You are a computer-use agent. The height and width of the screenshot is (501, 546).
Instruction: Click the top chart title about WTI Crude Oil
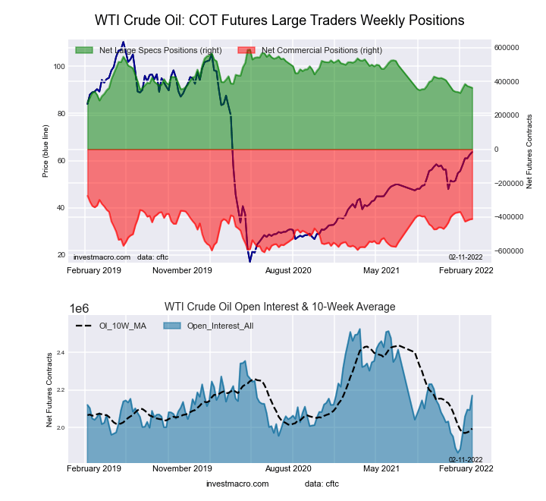pos(279,19)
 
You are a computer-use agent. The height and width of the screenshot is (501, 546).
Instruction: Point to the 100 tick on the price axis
pos(59,67)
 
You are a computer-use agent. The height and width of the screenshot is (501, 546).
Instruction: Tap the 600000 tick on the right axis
pos(507,47)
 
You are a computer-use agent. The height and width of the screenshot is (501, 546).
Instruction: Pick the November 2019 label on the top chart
pos(182,270)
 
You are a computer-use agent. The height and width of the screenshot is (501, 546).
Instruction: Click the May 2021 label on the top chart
pos(381,270)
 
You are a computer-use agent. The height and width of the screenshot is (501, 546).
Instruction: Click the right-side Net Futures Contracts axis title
pos(529,151)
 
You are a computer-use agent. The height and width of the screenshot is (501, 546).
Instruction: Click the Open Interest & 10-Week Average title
pos(280,307)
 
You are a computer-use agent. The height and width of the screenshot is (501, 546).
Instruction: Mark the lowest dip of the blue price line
pos(249,261)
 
